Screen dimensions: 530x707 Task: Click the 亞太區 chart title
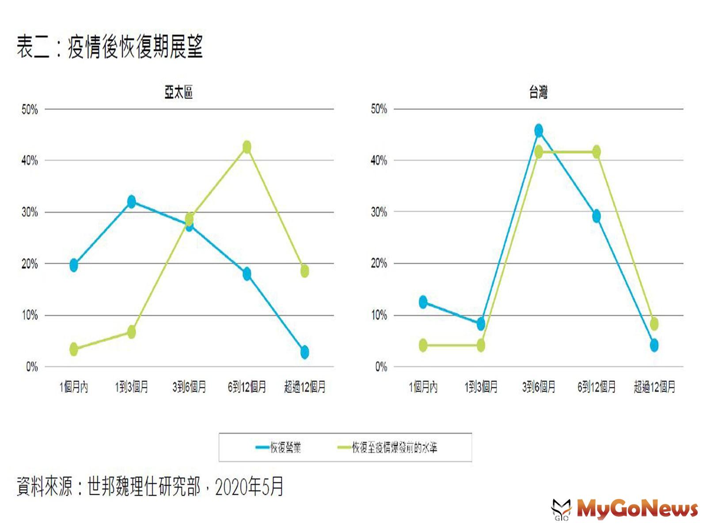tap(179, 92)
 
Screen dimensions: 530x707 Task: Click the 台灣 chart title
tap(538, 92)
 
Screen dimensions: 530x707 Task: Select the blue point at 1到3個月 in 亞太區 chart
tap(131, 202)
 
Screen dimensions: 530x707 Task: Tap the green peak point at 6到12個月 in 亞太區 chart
tap(247, 147)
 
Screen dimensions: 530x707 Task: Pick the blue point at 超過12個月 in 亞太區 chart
tap(304, 352)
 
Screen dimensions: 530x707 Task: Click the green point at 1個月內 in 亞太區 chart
tap(74, 349)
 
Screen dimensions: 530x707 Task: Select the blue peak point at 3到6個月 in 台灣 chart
tap(538, 131)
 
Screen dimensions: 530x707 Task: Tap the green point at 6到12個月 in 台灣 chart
tap(596, 152)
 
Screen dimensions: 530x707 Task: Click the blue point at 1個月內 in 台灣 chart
tap(423, 302)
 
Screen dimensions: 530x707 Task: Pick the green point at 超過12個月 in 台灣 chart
tap(654, 324)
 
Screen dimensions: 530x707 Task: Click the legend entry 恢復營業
tap(285, 448)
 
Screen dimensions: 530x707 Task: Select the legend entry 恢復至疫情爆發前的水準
tap(394, 448)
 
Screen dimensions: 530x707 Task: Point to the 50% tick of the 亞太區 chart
tap(30, 110)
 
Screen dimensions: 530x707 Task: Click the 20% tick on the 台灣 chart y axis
tap(379, 264)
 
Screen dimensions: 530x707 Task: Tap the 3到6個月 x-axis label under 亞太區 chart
tap(189, 387)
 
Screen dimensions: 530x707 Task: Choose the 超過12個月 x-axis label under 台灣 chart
tap(654, 387)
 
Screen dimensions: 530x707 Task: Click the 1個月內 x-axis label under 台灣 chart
tap(423, 387)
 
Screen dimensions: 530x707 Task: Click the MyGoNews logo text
tap(637, 509)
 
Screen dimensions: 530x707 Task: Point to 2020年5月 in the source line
tap(249, 487)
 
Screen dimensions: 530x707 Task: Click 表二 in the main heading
tap(33, 47)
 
